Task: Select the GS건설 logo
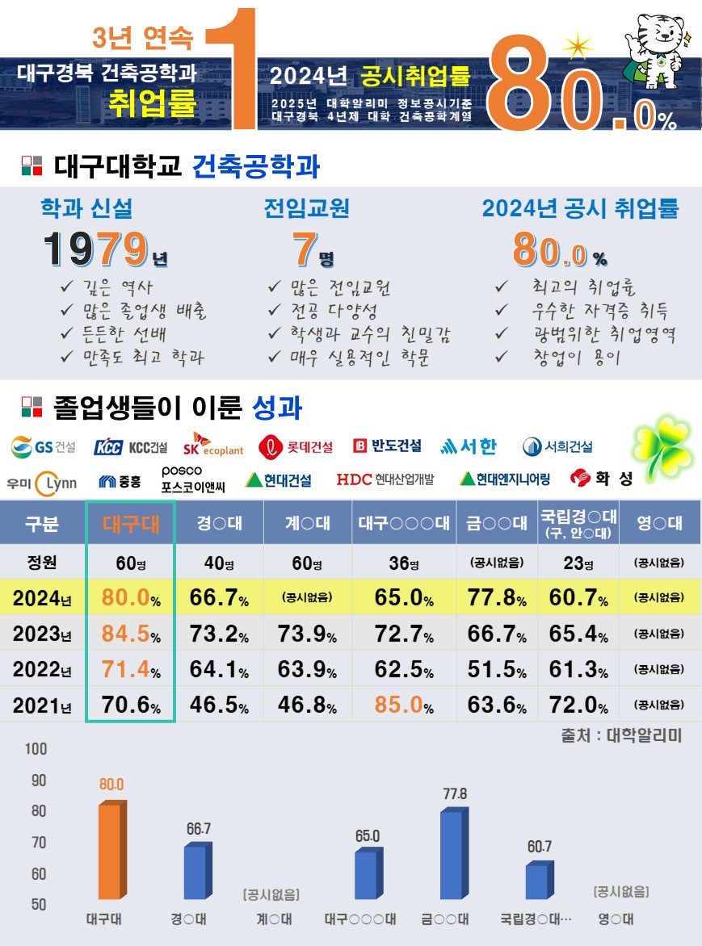pos(44,446)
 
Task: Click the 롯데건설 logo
pos(296,446)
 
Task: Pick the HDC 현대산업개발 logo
pos(385,479)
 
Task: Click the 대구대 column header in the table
pos(131,524)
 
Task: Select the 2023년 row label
pos(42,634)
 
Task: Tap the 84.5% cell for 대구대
pos(131,634)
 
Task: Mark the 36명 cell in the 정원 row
pos(404,563)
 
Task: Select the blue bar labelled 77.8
pos(452,856)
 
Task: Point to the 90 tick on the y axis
pos(38,781)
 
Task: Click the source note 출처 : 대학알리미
pos(621,736)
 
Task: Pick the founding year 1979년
pos(106,249)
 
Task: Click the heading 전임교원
pos(307,208)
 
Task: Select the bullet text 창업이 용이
pos(576,357)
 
